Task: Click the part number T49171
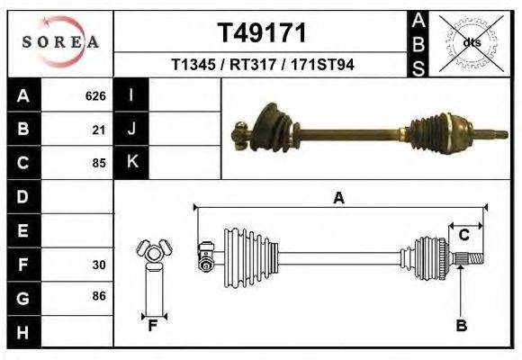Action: [262, 32]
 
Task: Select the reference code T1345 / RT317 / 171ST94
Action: [262, 65]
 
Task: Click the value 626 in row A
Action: [95, 95]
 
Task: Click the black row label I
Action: [131, 95]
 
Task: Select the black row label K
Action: [131, 162]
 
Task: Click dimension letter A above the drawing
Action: [339, 199]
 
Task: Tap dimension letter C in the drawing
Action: [464, 236]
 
